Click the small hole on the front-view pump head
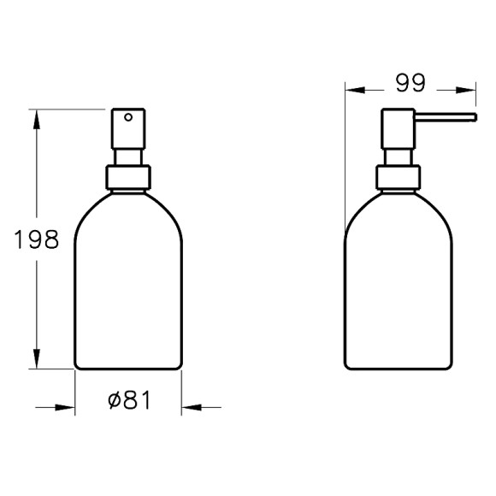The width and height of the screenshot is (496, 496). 128,116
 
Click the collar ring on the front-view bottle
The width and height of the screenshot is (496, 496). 128,177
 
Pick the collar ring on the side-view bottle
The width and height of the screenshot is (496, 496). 398,177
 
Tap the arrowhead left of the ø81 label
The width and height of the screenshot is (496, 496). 67,407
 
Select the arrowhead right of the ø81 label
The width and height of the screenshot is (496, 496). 191,407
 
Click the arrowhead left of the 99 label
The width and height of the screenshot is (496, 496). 354,89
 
